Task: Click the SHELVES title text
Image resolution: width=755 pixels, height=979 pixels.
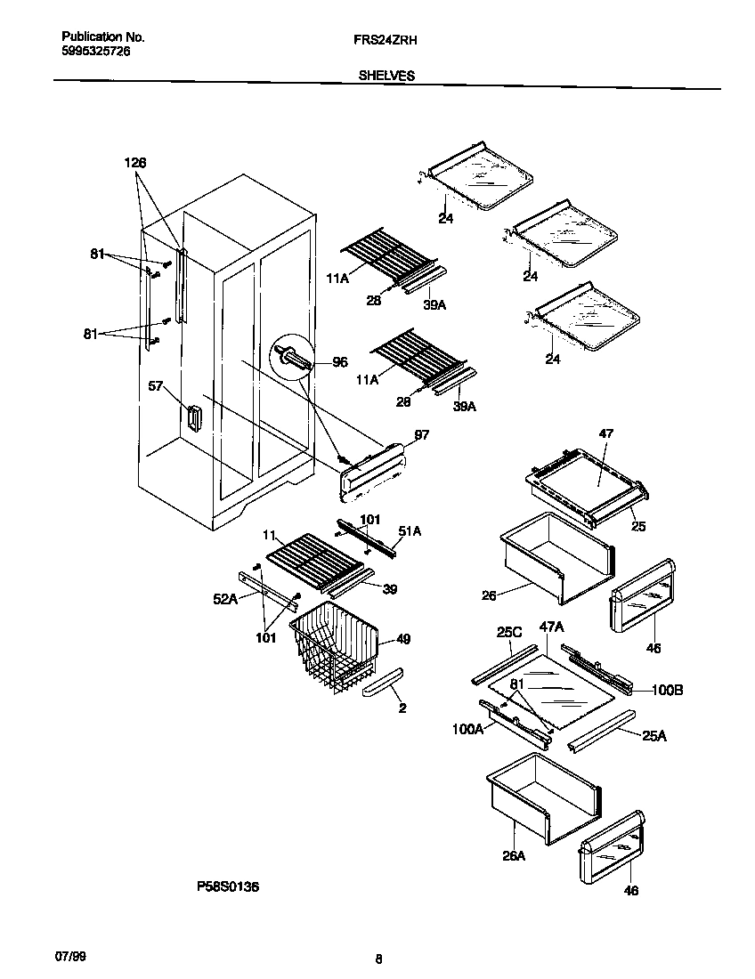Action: click(x=386, y=77)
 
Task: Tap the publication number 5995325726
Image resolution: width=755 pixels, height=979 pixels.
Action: click(x=97, y=53)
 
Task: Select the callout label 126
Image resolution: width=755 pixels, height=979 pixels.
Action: click(x=134, y=163)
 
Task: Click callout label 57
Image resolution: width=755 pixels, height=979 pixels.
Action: click(x=156, y=386)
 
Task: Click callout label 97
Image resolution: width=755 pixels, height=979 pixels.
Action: click(x=397, y=434)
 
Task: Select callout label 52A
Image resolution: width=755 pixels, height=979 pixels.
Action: click(x=226, y=601)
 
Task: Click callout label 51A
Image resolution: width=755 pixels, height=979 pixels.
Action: click(x=410, y=531)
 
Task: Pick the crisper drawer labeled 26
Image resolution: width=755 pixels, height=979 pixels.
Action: click(x=552, y=556)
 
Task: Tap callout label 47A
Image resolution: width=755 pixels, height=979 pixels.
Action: click(x=552, y=627)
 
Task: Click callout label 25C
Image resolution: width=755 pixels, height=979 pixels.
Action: click(x=508, y=632)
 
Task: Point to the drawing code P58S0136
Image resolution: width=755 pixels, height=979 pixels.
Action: click(x=228, y=886)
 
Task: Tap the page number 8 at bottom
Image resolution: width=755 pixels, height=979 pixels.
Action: click(x=379, y=959)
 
